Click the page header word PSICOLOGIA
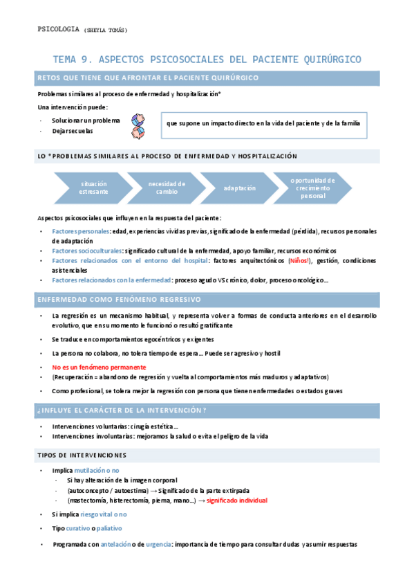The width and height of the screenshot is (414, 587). point(57,30)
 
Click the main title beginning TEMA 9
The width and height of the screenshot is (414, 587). point(207,60)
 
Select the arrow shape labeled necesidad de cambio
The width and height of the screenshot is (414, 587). point(166,188)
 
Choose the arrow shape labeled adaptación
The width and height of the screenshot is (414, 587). point(239,188)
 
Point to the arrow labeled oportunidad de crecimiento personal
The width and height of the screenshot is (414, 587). point(312,188)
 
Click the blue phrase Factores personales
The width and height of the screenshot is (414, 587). point(81,231)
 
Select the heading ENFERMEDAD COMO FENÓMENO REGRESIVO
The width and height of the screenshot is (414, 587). point(118,299)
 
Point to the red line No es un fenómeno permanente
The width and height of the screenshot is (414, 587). point(99,367)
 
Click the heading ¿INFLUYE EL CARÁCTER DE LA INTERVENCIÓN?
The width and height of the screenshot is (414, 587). point(120,410)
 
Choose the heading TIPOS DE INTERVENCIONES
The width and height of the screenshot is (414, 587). point(81,455)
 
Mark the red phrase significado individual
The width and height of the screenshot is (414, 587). point(237,500)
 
